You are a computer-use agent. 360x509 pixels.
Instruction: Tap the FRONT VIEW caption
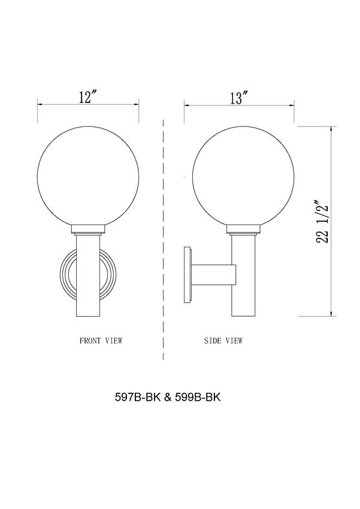(x=101, y=341)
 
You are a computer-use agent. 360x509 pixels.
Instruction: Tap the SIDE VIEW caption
(x=223, y=341)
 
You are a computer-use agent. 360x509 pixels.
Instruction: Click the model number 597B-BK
(x=138, y=398)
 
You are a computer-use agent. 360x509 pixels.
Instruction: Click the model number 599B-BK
(x=198, y=398)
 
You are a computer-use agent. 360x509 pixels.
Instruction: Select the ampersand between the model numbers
(x=168, y=398)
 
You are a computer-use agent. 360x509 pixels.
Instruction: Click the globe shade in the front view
(x=88, y=176)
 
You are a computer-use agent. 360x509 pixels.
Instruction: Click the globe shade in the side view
(x=243, y=176)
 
